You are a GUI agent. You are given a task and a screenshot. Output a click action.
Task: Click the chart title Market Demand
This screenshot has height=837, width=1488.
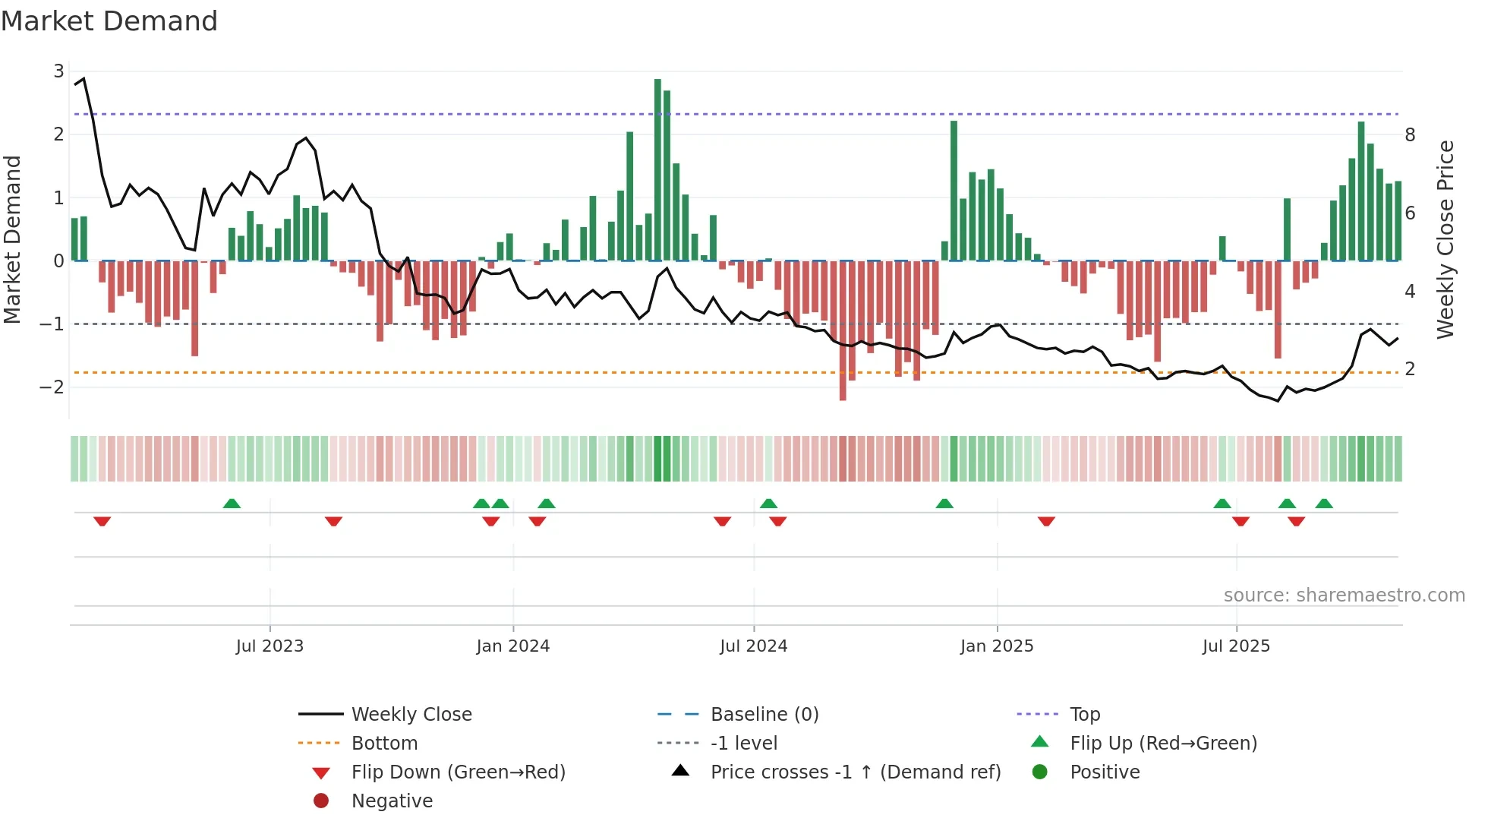(109, 21)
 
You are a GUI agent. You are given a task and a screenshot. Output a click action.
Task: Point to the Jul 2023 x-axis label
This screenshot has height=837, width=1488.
(270, 646)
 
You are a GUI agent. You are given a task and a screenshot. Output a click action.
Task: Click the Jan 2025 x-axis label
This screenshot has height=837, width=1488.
(997, 646)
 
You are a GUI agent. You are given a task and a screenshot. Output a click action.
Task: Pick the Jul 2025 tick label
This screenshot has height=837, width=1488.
(1236, 646)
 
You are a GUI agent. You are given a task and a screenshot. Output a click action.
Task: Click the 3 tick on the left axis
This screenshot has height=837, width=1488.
(58, 71)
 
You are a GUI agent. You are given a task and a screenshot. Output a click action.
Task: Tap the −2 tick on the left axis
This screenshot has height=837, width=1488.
(52, 387)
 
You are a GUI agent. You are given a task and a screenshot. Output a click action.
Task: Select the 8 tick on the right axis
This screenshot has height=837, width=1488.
(1410, 135)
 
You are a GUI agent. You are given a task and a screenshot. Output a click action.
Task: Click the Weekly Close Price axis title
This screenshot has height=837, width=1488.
(1445, 239)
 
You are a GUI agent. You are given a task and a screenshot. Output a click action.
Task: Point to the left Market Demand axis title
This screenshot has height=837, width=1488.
(12, 239)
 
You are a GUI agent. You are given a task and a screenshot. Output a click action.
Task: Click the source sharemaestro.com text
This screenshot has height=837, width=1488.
(1344, 595)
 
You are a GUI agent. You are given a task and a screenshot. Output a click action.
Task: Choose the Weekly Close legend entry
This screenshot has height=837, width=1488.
(411, 715)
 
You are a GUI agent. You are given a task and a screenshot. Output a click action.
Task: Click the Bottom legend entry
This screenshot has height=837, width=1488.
(384, 744)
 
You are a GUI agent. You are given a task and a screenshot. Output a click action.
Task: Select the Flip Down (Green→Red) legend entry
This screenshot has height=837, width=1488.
(458, 772)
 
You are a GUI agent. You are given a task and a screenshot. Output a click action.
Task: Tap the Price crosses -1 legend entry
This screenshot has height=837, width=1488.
(855, 772)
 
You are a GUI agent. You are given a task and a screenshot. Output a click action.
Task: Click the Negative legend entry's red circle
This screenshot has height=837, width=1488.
(321, 801)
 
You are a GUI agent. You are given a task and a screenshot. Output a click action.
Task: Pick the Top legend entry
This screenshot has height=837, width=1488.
(1085, 715)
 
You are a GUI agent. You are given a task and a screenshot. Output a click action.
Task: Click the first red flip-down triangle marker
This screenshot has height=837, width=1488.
(102, 521)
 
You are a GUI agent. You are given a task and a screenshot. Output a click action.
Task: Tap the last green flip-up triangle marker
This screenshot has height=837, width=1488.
(1324, 504)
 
